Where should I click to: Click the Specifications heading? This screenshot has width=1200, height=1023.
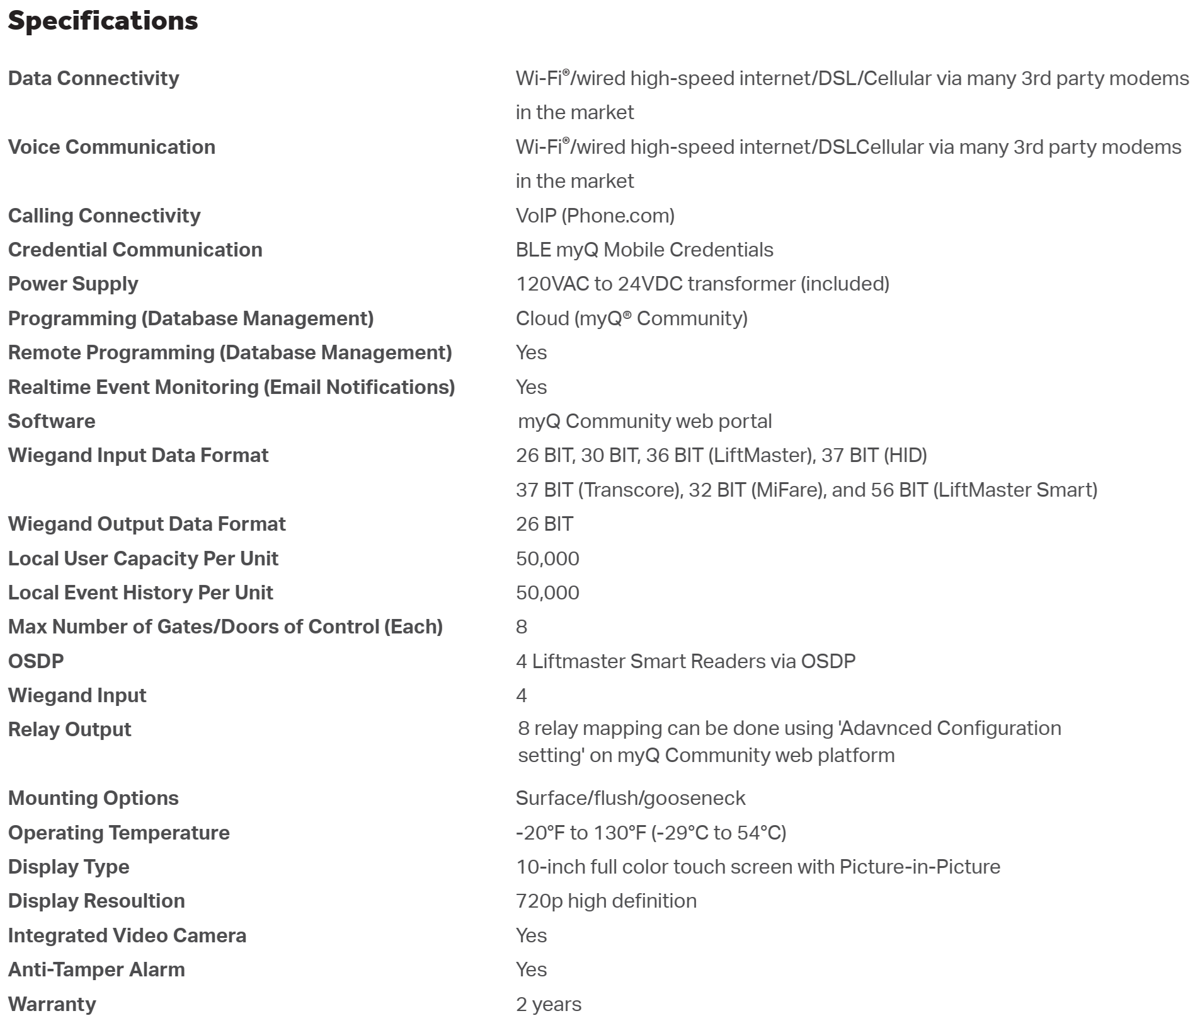tap(103, 21)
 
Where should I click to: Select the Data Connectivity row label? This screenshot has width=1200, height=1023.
tap(93, 78)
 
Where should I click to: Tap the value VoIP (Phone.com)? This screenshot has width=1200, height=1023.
tap(595, 216)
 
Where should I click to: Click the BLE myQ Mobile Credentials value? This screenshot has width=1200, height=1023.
tap(644, 250)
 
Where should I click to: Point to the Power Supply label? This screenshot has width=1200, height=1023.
tap(73, 284)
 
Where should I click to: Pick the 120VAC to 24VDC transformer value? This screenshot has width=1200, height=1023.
tap(702, 284)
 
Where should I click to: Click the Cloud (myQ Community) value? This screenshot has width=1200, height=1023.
tap(631, 318)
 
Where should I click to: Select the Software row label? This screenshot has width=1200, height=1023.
tap(52, 421)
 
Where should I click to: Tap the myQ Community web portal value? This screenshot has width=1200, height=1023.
tap(644, 421)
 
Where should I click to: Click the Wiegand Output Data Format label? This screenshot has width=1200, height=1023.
tap(147, 524)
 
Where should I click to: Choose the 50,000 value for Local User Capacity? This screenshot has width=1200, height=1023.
tap(547, 558)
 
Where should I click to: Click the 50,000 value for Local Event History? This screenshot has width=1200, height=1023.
tap(547, 592)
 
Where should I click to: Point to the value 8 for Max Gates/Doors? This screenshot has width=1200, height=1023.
tap(522, 627)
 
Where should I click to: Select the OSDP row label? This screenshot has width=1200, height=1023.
tap(36, 661)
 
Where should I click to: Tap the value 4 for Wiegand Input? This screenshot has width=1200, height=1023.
tap(522, 695)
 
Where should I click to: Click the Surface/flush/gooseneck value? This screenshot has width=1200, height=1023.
tap(630, 798)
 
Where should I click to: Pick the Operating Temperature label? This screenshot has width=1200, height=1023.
tap(118, 833)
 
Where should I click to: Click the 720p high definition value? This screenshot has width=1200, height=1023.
tap(606, 901)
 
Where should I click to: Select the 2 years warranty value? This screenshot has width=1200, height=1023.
tap(548, 1004)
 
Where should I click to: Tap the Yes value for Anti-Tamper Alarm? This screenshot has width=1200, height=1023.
tap(531, 969)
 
